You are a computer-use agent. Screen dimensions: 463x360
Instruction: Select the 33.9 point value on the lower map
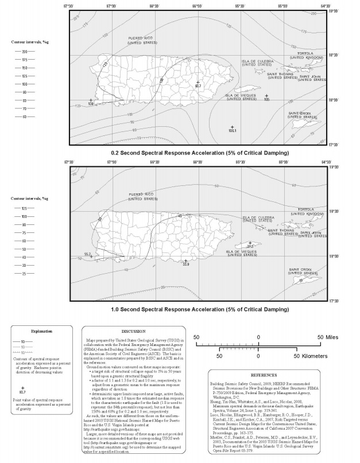pos(185,264)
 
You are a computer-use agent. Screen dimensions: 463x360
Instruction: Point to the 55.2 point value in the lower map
pos(88,254)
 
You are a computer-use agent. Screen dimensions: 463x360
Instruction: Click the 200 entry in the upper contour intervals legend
pos(25,52)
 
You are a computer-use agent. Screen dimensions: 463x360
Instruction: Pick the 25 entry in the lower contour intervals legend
pos(25,274)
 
